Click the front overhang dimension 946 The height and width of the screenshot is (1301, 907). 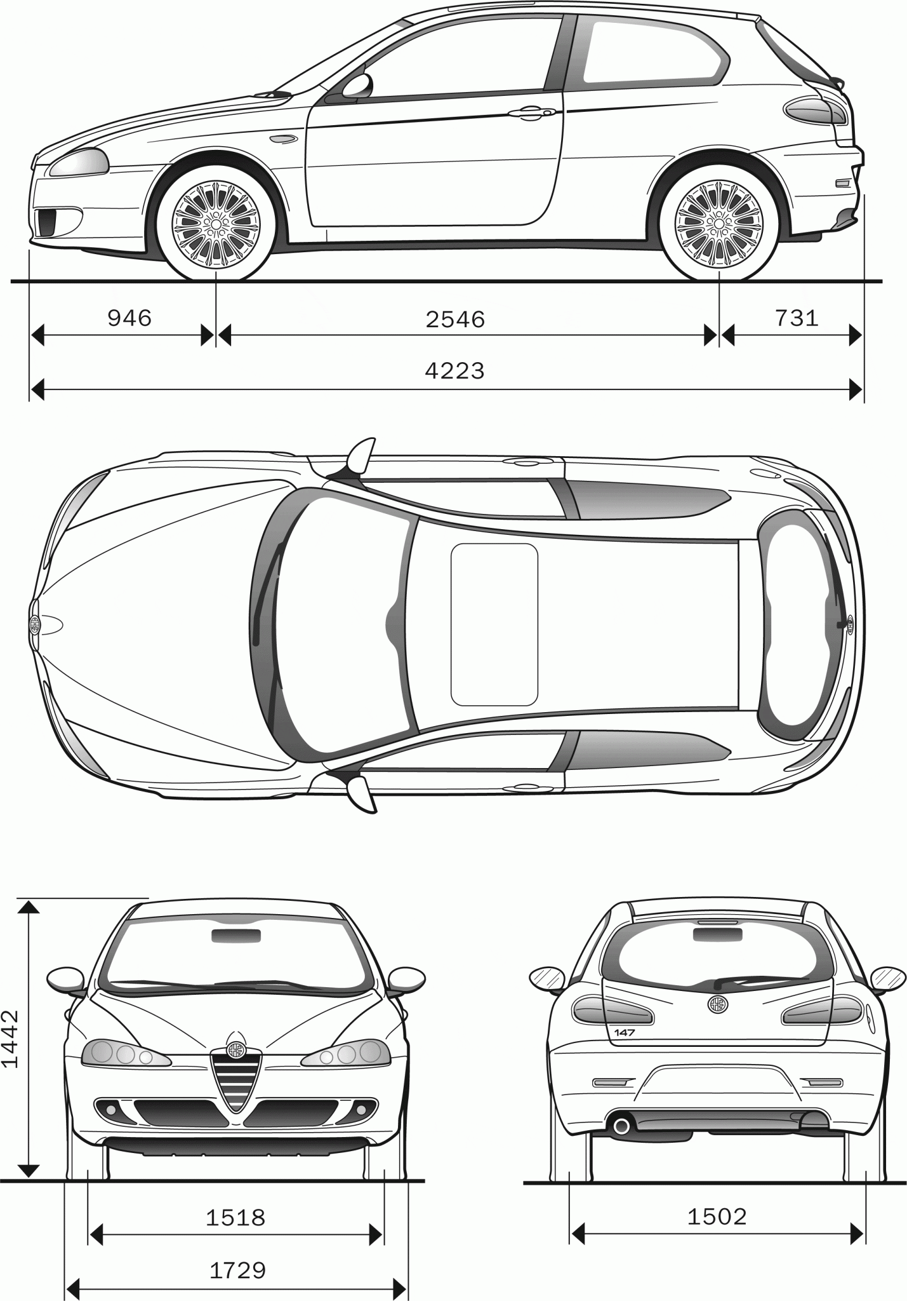pyautogui.click(x=129, y=318)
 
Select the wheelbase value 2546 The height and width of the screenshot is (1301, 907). pyautogui.click(x=455, y=319)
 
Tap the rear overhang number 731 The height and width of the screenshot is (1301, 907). pyautogui.click(x=797, y=317)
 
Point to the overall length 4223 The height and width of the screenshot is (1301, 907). pyautogui.click(x=454, y=370)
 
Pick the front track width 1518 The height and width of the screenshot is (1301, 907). pyautogui.click(x=235, y=1217)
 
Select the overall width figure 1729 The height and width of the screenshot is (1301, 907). pyautogui.click(x=237, y=1270)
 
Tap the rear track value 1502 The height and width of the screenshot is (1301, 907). pyautogui.click(x=717, y=1217)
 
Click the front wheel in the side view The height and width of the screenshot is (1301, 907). pyautogui.click(x=216, y=223)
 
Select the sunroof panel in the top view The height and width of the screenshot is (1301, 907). pyautogui.click(x=494, y=624)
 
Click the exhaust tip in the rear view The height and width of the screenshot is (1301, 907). pyautogui.click(x=621, y=1127)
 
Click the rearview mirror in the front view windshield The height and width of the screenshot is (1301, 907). pyautogui.click(x=235, y=935)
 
